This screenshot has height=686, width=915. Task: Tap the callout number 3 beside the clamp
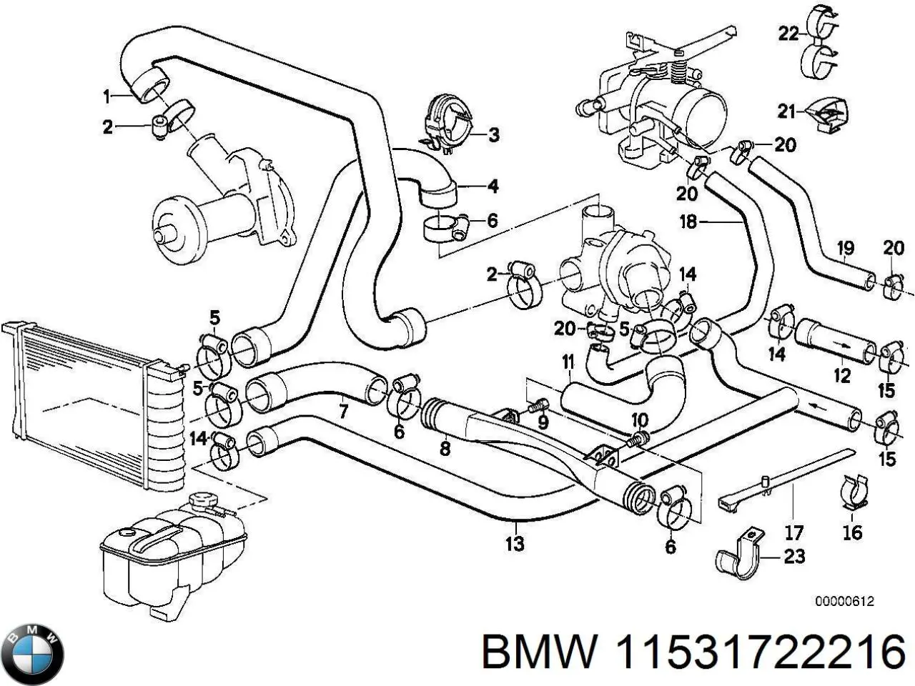click(493, 134)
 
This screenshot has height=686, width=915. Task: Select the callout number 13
click(515, 543)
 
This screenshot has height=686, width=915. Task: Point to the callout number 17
click(794, 532)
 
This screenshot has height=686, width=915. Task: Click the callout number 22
click(788, 34)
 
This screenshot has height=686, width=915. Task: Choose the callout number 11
click(568, 362)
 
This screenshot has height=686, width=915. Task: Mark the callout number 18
click(688, 222)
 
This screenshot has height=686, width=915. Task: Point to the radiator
click(86, 407)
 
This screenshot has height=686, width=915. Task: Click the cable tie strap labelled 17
click(786, 477)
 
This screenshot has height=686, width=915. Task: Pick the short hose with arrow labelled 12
click(834, 339)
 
